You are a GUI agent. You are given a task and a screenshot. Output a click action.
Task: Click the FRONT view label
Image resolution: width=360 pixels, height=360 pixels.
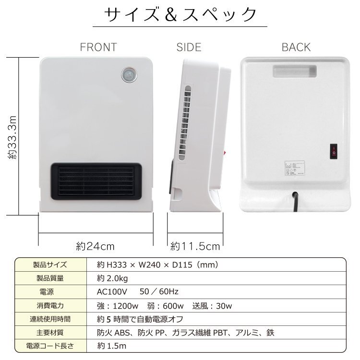pos(98,47)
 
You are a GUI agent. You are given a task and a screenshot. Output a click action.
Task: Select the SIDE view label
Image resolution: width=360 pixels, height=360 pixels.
pos(189,47)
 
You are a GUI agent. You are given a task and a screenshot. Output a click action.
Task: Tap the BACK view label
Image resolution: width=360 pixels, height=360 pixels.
pos(296,47)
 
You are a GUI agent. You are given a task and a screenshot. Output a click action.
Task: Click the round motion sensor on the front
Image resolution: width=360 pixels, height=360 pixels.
pos(128,75)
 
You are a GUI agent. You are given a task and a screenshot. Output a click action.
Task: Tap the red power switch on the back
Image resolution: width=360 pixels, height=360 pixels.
pos(332,153)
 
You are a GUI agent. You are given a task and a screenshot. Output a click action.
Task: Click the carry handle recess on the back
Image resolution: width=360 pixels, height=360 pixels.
pos(295,71)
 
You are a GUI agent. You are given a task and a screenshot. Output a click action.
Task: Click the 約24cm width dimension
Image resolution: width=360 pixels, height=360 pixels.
pos(96,246)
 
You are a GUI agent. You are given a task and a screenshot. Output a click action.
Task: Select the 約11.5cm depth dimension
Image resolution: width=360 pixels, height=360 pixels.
pos(195,246)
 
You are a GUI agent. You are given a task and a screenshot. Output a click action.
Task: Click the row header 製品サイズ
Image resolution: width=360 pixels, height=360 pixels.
pos(50,264)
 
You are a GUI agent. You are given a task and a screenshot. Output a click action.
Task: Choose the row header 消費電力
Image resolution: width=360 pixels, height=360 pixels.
pos(50,305)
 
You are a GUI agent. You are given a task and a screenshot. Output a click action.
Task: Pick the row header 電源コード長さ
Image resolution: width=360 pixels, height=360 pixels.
pos(50,346)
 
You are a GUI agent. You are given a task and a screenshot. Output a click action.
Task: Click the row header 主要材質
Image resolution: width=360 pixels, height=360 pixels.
pos(50,332)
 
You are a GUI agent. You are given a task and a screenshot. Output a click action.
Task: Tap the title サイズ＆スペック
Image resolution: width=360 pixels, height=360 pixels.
pos(181,14)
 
